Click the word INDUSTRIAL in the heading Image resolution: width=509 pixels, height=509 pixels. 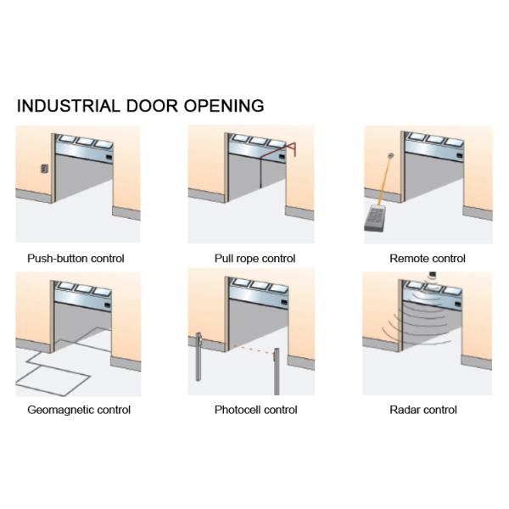pos(67,106)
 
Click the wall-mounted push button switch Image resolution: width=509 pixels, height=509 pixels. pos(40,170)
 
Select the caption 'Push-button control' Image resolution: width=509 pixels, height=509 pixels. pos(76,259)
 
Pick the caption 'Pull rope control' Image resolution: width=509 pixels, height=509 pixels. pos(255,259)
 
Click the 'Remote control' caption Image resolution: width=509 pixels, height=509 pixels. pos(428,259)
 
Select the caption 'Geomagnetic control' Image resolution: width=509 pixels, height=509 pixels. pos(79,410)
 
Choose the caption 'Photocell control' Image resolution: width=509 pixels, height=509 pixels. pos(255,410)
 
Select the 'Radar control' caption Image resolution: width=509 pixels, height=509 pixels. pos(422,410)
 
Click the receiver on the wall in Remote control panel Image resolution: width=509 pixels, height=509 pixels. pos(390,155)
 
